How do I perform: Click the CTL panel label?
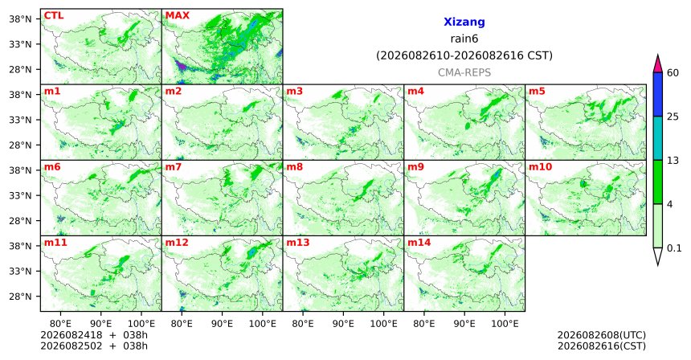(x=54, y=15)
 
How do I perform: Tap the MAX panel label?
(x=177, y=15)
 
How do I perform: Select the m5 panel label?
(x=537, y=92)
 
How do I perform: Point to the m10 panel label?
(x=540, y=167)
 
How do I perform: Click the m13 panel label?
(x=298, y=243)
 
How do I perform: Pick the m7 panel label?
(x=174, y=167)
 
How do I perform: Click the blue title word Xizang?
(x=464, y=22)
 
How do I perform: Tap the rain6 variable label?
(x=464, y=39)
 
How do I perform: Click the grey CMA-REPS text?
(x=464, y=72)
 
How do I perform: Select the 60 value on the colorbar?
(x=673, y=72)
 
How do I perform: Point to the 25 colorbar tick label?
(x=673, y=117)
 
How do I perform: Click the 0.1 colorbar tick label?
(x=674, y=248)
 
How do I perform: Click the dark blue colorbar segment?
(x=657, y=94)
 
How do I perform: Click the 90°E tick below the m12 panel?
(x=222, y=324)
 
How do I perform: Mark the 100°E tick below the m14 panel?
(x=505, y=324)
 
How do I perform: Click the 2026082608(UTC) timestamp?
(x=602, y=335)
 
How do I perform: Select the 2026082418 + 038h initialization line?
(x=94, y=335)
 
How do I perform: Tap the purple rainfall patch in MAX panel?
(x=181, y=67)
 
